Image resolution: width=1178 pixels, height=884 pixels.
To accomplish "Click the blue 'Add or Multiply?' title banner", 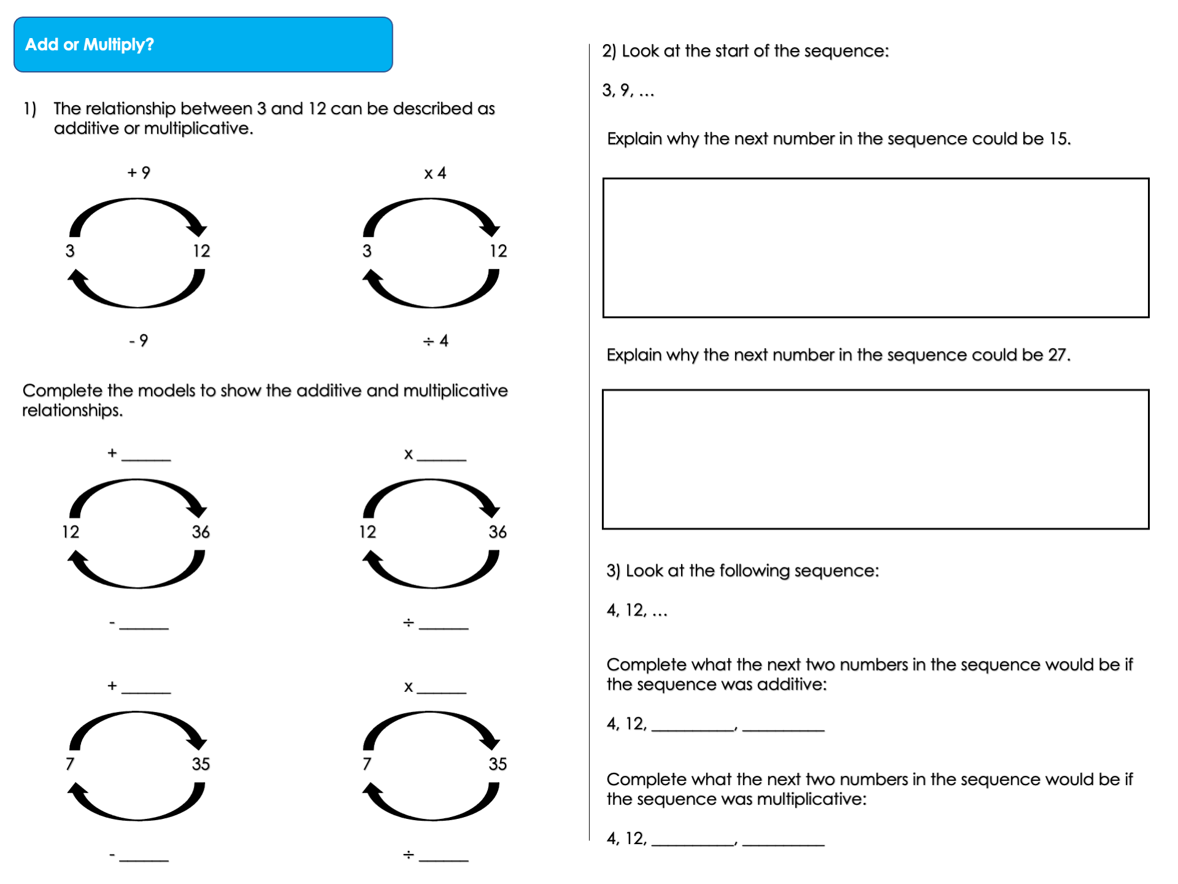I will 202,45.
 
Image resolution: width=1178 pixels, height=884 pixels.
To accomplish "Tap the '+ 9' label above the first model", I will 139,173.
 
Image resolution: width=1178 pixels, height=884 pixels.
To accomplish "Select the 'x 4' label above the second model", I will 435,173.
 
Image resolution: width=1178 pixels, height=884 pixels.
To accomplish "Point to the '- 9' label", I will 139,340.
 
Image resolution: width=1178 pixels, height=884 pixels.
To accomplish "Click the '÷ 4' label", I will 436,341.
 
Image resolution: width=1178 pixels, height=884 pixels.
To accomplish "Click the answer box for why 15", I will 876,247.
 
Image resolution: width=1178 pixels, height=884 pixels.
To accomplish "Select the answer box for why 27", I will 876,459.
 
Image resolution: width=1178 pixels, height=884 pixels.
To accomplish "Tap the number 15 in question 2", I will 1058,139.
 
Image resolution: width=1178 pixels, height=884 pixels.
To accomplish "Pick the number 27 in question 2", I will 1058,355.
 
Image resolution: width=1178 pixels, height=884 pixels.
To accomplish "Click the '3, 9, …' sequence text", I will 628,90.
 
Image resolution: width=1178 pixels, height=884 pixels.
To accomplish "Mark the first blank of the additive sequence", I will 693,724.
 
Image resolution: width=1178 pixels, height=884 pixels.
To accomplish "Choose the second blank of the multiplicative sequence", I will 783,839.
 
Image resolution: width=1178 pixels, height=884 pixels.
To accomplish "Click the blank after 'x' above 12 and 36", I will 442,454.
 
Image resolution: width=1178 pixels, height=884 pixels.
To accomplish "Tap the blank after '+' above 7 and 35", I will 146,687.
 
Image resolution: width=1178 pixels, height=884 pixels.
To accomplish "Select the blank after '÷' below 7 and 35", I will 444,855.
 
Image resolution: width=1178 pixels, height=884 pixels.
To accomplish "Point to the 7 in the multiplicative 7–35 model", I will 367,764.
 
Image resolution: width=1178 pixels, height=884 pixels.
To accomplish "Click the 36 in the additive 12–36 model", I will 201,532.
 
